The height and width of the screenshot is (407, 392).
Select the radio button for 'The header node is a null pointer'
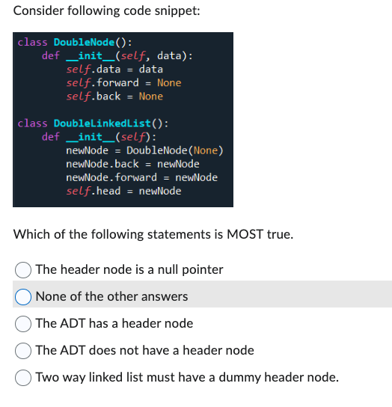[x=23, y=269]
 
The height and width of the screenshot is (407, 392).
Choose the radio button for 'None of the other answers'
[x=23, y=297]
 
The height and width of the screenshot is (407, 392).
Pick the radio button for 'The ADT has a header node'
[x=23, y=324]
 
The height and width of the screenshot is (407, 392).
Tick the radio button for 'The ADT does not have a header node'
[x=23, y=351]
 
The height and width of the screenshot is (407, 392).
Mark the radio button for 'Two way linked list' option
[x=23, y=378]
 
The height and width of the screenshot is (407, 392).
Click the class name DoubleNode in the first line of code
[x=84, y=42]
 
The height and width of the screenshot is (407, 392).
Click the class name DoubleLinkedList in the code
[x=102, y=123]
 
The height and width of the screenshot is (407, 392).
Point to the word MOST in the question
[x=245, y=234]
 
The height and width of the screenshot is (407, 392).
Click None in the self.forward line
[x=169, y=83]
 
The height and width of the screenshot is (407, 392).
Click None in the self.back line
[x=151, y=97]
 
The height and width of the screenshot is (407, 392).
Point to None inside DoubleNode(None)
[x=206, y=150]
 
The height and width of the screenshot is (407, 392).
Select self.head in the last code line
[x=94, y=191]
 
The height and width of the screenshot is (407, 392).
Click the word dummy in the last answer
[x=239, y=377]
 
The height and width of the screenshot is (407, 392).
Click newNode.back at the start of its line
[x=102, y=164]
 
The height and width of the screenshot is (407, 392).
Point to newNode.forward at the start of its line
[x=111, y=177]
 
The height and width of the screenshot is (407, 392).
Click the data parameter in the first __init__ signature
[x=169, y=56]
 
